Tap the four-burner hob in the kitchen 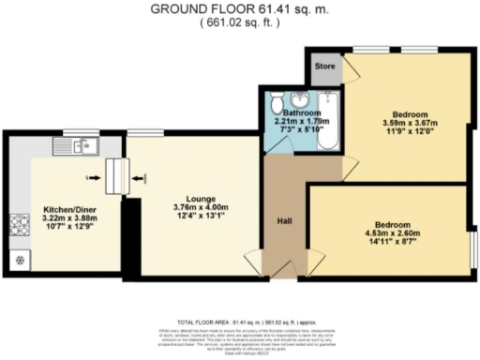19,225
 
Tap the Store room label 324,67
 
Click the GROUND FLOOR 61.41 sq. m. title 240,9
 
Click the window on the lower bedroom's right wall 473,243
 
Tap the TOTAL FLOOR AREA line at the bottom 240,321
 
